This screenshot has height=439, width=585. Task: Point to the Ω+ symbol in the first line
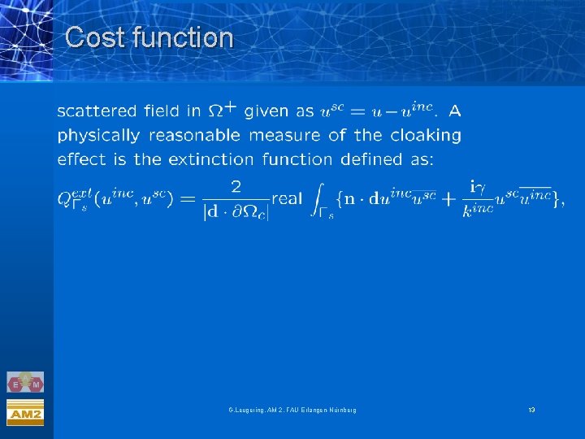point(223,109)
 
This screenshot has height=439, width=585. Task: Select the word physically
point(98,135)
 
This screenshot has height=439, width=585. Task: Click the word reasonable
point(194,135)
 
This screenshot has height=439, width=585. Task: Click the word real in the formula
point(287,199)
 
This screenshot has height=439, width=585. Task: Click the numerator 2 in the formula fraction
point(236,187)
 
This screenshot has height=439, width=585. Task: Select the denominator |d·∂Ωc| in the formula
point(236,214)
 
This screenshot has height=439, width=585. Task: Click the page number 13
point(531,409)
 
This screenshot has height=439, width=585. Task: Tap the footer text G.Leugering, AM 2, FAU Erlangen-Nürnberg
point(292,409)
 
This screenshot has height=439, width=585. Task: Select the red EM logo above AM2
point(25,383)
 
